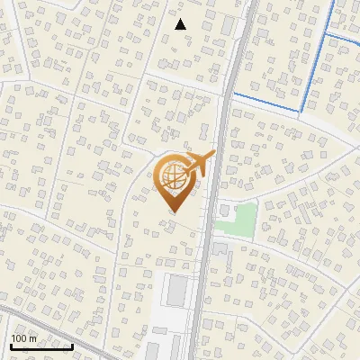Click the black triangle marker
click(x=181, y=24)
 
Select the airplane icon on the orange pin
click(x=198, y=165)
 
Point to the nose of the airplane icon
click(x=211, y=155)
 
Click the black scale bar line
click(x=41, y=347)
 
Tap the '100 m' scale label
click(x=24, y=338)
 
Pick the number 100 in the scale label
click(x=21, y=338)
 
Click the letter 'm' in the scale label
click(x=32, y=338)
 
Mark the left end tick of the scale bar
click(x=11, y=346)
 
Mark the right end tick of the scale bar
click(x=72, y=346)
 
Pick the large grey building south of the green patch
click(x=221, y=247)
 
